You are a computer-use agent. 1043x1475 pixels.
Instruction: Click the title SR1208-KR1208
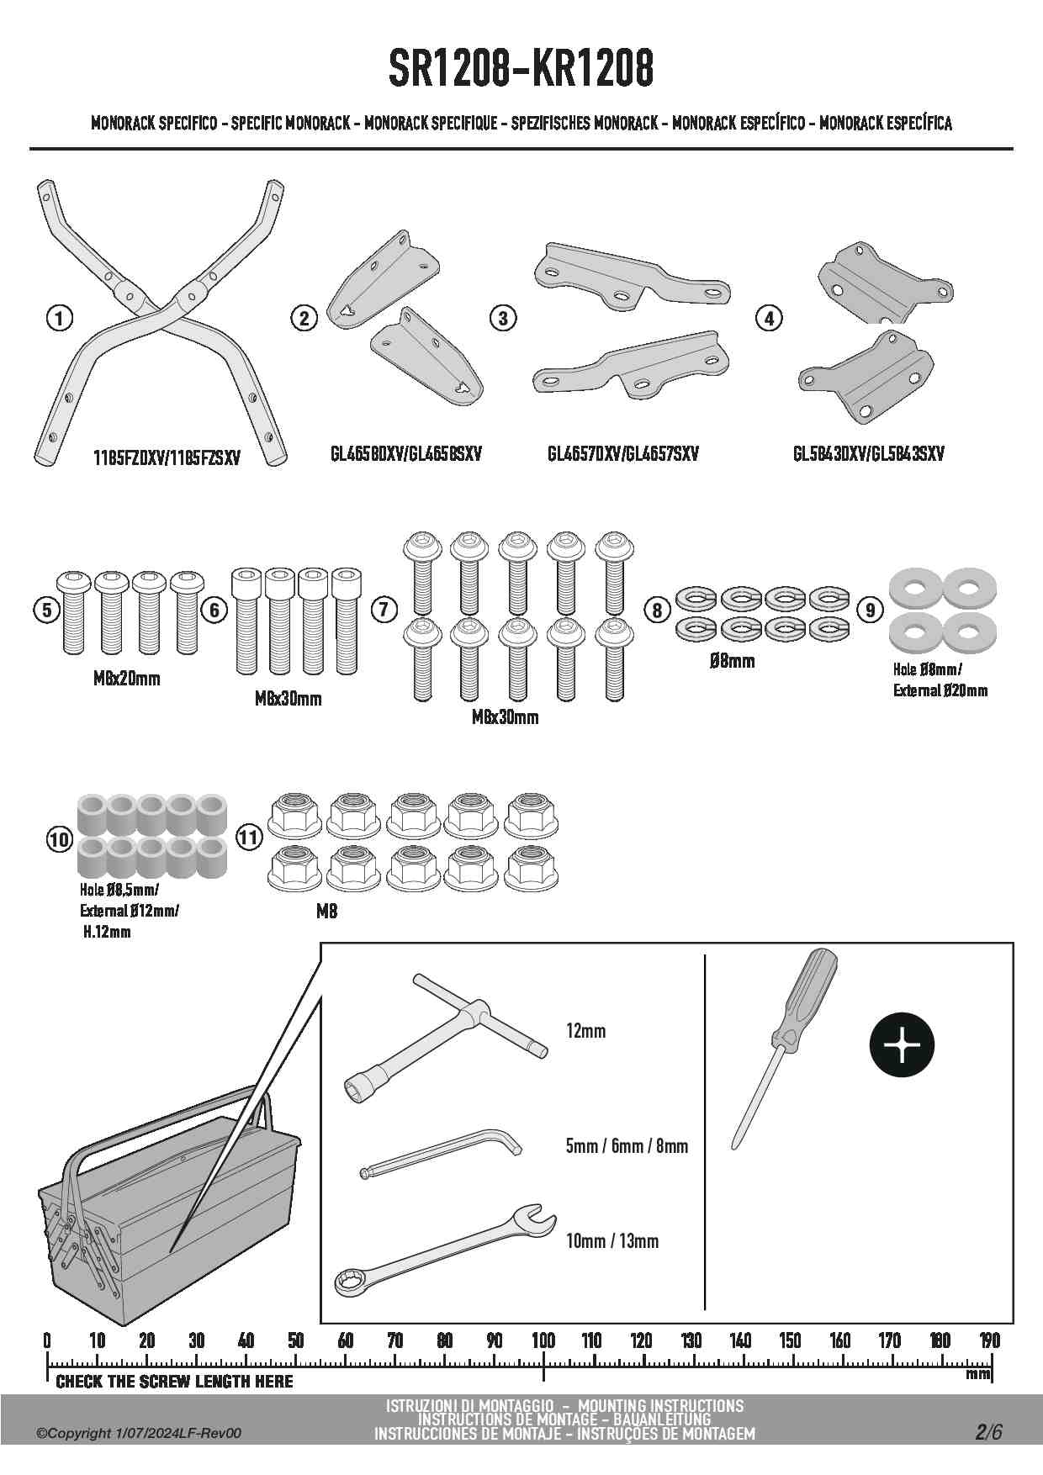521,69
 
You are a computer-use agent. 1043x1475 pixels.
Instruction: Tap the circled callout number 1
59,318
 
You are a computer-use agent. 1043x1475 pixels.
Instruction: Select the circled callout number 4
769,318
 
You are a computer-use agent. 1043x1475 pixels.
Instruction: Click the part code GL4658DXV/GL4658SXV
406,454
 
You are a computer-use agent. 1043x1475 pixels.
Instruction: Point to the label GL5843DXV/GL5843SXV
868,454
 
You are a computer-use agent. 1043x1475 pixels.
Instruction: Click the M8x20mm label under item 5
126,679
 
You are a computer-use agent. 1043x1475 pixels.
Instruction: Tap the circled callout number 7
384,609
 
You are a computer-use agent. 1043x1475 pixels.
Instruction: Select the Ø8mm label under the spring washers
732,661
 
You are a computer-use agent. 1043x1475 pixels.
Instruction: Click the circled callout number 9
870,609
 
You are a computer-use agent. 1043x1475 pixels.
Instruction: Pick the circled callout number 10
59,838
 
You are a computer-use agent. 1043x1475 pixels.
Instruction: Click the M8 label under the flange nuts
326,911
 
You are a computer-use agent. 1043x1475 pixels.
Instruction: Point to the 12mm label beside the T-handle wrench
585,1031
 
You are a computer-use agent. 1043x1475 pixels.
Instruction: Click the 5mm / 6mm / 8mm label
627,1146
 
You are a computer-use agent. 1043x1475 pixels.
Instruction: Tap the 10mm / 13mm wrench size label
612,1241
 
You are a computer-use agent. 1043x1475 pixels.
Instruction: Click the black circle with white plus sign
901,1045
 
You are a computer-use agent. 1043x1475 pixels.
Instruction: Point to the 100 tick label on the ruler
543,1340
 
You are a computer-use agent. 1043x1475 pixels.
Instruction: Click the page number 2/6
989,1432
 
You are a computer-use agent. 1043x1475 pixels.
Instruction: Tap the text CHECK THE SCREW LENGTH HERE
174,1382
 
